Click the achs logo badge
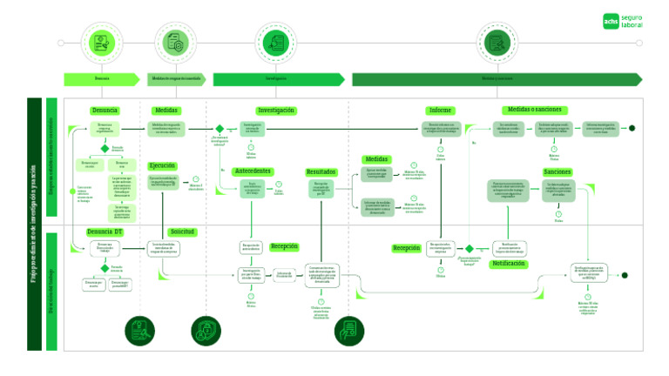point(611,22)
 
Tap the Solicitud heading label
point(182,232)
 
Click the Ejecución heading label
point(162,165)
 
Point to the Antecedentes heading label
point(253,171)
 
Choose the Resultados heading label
point(321,172)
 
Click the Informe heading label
point(440,111)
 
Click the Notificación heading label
point(508,262)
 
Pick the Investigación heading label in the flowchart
point(275,111)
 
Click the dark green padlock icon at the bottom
point(206,330)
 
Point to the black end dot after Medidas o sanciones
point(632,128)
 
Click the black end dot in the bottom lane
point(624,276)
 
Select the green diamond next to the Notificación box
point(469,248)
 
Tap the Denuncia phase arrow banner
point(102,79)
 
